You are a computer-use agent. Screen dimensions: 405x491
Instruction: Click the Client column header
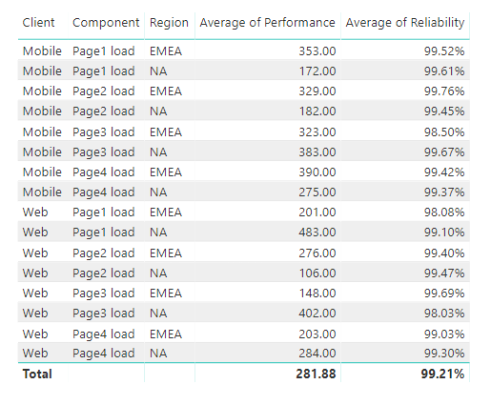[x=38, y=22]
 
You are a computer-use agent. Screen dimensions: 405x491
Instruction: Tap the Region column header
[x=168, y=22]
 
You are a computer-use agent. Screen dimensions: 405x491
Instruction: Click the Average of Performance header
[x=267, y=22]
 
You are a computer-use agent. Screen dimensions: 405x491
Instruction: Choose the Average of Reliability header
[x=404, y=22]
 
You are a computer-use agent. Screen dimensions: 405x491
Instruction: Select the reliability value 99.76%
[x=444, y=91]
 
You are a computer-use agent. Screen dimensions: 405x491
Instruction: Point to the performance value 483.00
[x=316, y=232]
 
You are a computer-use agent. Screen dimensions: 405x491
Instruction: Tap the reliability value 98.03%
[x=444, y=312]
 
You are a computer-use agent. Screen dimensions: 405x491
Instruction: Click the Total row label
[x=37, y=374]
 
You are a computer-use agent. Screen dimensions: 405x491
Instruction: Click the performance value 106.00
[x=316, y=272]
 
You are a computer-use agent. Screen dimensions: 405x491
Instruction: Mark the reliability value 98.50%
[x=444, y=132]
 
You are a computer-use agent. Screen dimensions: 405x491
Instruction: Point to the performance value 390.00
[x=316, y=172]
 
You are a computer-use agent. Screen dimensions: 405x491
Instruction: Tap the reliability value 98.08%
[x=444, y=212]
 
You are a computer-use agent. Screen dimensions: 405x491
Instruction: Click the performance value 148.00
[x=316, y=292]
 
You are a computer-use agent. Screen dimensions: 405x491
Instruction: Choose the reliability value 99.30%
[x=444, y=352]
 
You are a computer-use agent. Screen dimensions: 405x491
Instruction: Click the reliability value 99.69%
[x=444, y=292]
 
